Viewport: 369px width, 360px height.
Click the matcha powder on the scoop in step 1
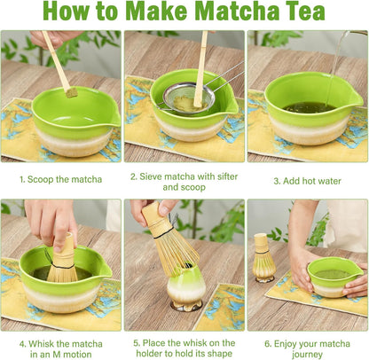point(71,93)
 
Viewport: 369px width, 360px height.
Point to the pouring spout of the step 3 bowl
point(357,99)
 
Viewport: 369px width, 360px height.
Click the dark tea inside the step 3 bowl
point(310,107)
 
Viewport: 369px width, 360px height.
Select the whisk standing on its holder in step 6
point(264,257)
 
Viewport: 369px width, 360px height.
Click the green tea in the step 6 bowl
point(333,274)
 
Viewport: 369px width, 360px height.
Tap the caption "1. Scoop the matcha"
point(61,179)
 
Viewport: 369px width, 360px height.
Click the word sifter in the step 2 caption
point(227,176)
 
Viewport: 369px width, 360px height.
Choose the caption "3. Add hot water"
point(307,181)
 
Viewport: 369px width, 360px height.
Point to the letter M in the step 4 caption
point(57,354)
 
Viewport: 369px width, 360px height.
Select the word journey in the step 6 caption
point(308,354)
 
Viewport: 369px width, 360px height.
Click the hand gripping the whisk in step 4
point(51,222)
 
